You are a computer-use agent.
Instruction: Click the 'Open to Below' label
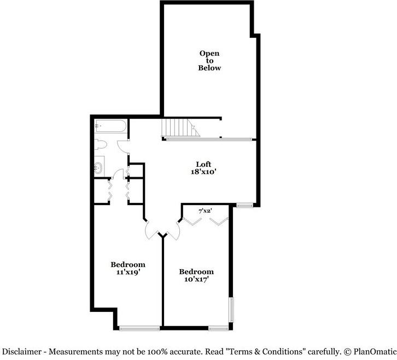[x=209, y=61]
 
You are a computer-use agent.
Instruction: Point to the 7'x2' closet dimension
[x=205, y=210]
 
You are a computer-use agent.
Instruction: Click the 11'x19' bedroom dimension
[x=128, y=272]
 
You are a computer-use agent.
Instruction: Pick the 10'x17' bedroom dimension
[x=196, y=279]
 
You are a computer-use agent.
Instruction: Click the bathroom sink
[x=99, y=167]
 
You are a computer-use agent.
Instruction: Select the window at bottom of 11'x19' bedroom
[x=139, y=328]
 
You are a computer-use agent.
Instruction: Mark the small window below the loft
[x=244, y=206]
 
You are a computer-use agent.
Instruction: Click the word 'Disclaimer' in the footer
[x=20, y=351]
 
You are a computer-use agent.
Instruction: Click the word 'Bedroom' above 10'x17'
[x=196, y=271]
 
